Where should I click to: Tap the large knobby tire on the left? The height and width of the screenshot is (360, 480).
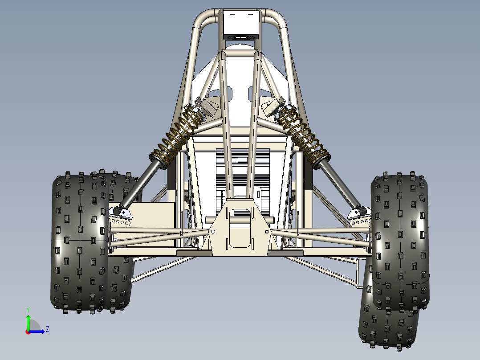pyautogui.click(x=80, y=241)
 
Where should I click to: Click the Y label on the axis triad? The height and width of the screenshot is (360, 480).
pyautogui.click(x=28, y=309)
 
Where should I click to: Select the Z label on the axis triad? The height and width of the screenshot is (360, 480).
pyautogui.click(x=47, y=329)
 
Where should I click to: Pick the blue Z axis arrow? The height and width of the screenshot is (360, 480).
pyautogui.click(x=39, y=331)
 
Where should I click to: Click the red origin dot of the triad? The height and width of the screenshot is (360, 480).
pyautogui.click(x=28, y=331)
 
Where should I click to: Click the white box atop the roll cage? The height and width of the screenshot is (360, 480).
pyautogui.click(x=240, y=25)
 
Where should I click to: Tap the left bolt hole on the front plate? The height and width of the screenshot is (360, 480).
pyautogui.click(x=213, y=231)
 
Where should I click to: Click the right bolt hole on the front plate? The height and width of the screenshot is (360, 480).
pyautogui.click(x=267, y=232)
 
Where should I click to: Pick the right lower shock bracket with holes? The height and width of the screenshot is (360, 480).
pyautogui.click(x=359, y=217)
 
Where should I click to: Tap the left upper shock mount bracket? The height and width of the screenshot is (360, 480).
pyautogui.click(x=208, y=106)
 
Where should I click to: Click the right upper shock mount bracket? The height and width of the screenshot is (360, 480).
pyautogui.click(x=271, y=106)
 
